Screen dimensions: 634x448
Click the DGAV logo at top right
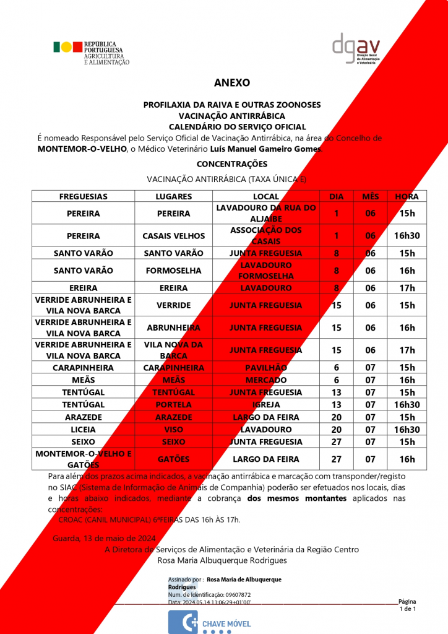pyautogui.click(x=356, y=48)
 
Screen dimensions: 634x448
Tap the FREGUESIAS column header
pyautogui.click(x=84, y=196)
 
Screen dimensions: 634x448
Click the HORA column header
pyautogui.click(x=407, y=196)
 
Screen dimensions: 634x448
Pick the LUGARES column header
pyautogui.click(x=173, y=196)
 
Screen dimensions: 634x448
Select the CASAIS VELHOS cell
pyautogui.click(x=173, y=236)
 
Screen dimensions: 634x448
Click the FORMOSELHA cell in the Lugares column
pyautogui.click(x=173, y=271)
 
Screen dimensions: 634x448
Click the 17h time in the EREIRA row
pyautogui.click(x=407, y=288)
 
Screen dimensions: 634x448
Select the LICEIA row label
pyautogui.click(x=84, y=430)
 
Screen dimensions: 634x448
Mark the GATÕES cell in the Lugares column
pyautogui.click(x=173, y=459)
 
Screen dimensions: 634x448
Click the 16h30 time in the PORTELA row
pyautogui.click(x=407, y=405)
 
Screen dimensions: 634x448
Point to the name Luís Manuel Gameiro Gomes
pyautogui.click(x=287, y=149)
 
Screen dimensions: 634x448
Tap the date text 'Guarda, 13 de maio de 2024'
pyautogui.click(x=105, y=537)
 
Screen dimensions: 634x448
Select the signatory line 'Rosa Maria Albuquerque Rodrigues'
pyautogui.click(x=223, y=560)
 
